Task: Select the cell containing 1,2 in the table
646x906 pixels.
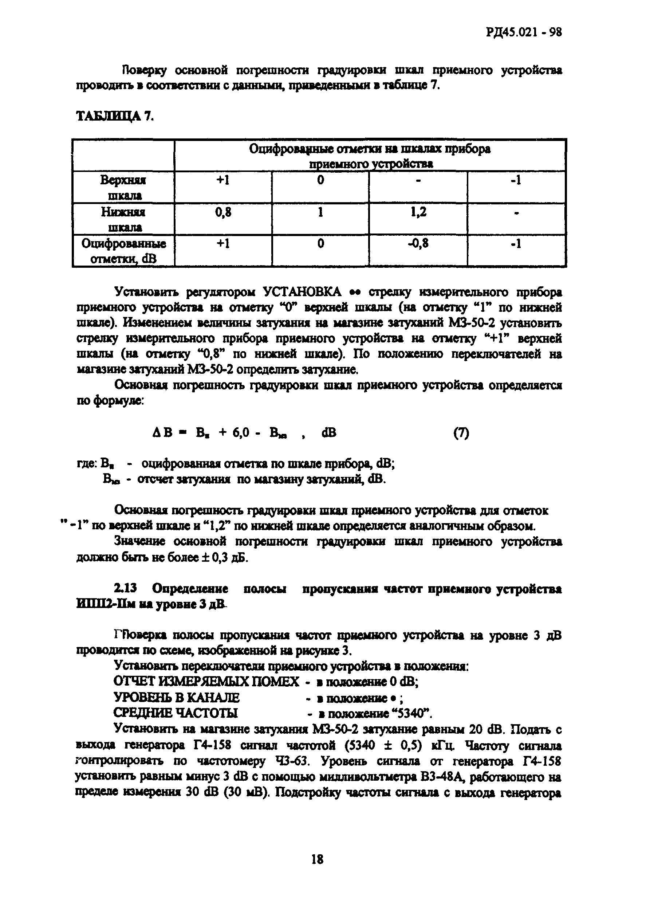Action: pyautogui.click(x=418, y=212)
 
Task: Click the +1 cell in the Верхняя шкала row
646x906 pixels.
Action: pyautogui.click(x=223, y=181)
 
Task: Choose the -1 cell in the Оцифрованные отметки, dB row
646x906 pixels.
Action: pyautogui.click(x=516, y=243)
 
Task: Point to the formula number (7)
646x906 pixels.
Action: pyautogui.click(x=461, y=433)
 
